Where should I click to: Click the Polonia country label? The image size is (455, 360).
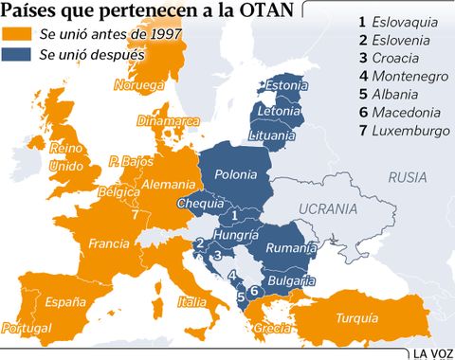click(236, 175)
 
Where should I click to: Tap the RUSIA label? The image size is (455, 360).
click(408, 176)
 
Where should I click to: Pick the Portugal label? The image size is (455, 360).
click(27, 328)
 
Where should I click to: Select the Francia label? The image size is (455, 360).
click(108, 243)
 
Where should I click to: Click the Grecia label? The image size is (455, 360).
click(273, 329)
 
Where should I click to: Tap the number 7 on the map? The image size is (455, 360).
click(136, 215)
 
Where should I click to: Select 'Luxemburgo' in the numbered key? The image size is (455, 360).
click(410, 130)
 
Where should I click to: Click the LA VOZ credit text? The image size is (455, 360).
click(432, 352)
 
